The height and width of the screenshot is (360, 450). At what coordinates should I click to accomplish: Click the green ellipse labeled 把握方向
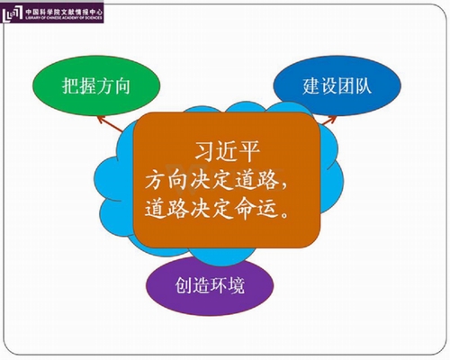coord(96,86)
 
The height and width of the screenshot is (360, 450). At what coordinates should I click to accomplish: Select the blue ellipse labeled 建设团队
coord(337,85)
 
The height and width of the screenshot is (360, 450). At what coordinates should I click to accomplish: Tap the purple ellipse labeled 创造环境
coord(210,285)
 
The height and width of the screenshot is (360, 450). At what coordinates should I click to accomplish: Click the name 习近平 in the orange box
coord(227,151)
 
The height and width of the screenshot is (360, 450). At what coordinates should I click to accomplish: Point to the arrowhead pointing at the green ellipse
coord(102,120)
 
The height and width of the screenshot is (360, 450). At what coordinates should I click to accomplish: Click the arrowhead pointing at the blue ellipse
coord(330,119)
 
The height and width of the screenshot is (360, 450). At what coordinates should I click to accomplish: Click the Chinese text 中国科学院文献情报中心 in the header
coord(64,12)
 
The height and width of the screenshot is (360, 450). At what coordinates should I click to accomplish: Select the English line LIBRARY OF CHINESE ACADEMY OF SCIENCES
coord(64,18)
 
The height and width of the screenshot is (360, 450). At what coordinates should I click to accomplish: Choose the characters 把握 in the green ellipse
coord(79,85)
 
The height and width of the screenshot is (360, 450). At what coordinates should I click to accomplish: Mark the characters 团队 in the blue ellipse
coord(355,85)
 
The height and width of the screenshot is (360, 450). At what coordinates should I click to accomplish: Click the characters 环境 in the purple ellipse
coord(227,285)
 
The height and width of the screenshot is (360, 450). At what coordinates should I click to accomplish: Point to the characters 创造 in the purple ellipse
coord(193,285)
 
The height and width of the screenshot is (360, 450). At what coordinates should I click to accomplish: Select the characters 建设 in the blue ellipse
coord(319,85)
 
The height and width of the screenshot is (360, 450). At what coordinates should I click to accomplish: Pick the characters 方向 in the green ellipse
coord(113,85)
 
